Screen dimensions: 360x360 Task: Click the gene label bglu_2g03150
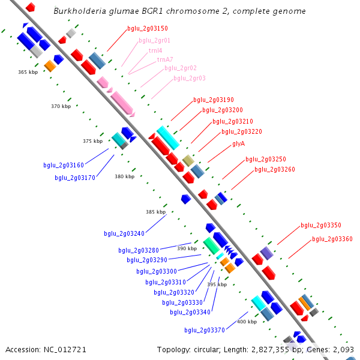point(148,28)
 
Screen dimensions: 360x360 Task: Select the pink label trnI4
point(155,50)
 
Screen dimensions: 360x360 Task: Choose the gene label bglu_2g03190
point(214,100)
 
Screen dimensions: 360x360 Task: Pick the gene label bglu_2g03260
point(275,169)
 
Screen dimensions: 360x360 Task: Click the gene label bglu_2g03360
point(332,239)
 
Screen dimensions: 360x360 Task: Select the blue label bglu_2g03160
point(64,165)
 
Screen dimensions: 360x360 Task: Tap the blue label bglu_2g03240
point(124,233)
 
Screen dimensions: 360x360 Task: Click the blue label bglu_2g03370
point(205,330)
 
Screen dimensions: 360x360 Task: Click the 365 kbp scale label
point(28,72)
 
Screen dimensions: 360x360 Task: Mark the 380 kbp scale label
point(125,176)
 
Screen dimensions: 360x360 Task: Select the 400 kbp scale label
point(247,322)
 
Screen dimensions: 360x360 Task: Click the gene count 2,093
point(344,349)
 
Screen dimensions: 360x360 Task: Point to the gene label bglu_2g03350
point(321,225)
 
